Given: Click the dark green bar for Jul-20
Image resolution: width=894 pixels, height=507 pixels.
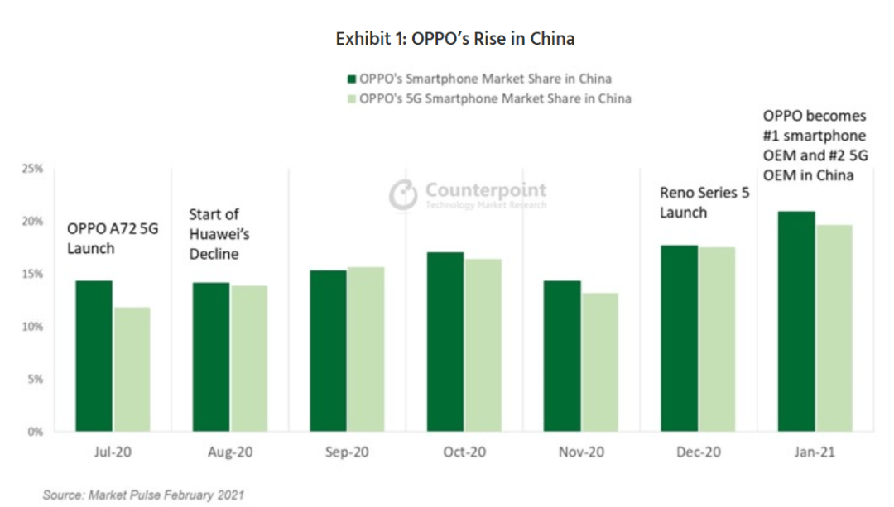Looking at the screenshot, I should (94, 356).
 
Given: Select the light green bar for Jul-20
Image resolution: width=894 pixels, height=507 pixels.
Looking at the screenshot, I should (132, 370).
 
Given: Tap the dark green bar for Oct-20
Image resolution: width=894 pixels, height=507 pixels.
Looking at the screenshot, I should (445, 342).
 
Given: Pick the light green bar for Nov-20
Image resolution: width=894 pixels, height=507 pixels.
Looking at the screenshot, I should (601, 362).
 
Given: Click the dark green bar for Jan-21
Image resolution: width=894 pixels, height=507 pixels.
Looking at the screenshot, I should (796, 322).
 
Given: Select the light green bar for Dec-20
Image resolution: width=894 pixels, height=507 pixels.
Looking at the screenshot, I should (718, 340).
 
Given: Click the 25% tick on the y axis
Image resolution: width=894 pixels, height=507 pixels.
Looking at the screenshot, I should (33, 169).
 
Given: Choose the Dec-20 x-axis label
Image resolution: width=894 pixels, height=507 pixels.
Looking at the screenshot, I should (699, 453).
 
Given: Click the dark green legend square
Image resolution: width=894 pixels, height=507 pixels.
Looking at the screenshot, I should (351, 79).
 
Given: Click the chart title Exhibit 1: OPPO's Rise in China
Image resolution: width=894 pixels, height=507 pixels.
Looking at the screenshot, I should (454, 39).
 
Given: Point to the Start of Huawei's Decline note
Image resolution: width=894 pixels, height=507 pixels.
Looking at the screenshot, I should (219, 234).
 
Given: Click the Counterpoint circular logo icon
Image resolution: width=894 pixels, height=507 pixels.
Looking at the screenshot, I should (403, 194).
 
